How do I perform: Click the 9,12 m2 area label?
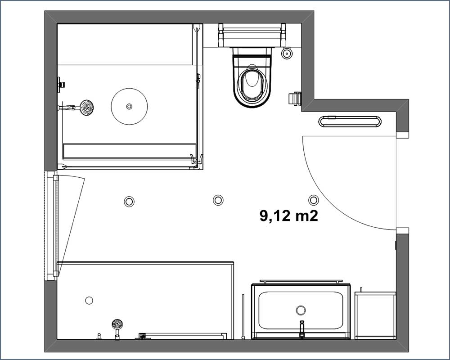(x=289, y=215)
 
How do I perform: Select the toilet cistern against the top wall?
(x=252, y=35)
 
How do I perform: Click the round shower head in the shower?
(x=86, y=108)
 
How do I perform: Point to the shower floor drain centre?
(x=129, y=107)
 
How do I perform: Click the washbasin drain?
(x=301, y=310)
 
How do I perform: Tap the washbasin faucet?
(x=301, y=329)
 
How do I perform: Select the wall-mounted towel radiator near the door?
(x=350, y=121)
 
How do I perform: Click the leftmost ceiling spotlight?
(x=129, y=201)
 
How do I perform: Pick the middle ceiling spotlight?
(x=218, y=200)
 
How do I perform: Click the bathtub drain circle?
(x=89, y=301)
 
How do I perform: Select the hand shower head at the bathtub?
(x=117, y=324)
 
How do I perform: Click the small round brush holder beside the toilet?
(x=287, y=53)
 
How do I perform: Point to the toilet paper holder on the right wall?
(x=294, y=99)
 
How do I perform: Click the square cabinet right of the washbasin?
(x=375, y=315)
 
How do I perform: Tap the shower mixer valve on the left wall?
(x=61, y=85)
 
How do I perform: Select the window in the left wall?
(x=51, y=225)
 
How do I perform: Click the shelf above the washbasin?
(x=301, y=282)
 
